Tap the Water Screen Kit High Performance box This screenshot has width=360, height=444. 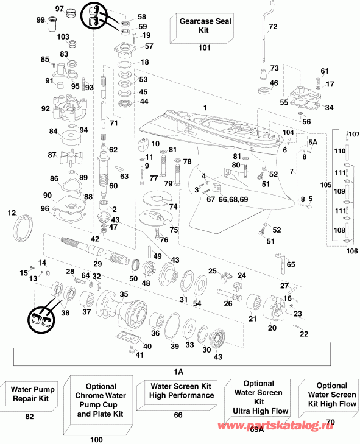(182, 390)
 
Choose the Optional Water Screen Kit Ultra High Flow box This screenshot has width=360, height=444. (258, 398)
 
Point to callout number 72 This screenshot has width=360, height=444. (272, 27)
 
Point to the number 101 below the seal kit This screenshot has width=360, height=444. (203, 47)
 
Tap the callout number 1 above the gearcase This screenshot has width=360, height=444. (205, 107)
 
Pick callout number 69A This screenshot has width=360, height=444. (257, 429)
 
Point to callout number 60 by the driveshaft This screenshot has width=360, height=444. (113, 186)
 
